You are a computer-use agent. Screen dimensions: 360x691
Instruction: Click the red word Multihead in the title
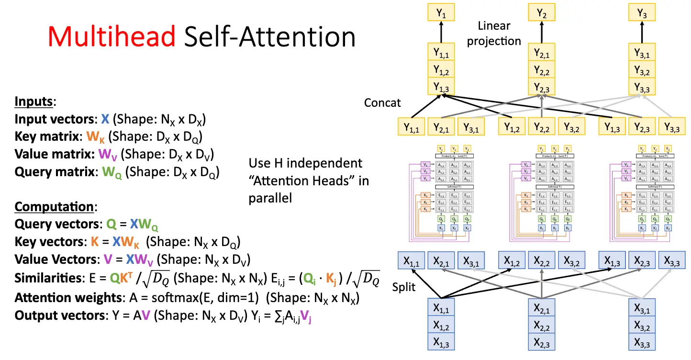(x=113, y=37)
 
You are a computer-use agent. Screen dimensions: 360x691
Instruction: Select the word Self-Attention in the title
(x=271, y=37)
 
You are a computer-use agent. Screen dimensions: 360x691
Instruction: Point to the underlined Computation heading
(x=56, y=207)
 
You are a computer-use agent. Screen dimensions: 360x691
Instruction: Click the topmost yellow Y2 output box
(x=542, y=14)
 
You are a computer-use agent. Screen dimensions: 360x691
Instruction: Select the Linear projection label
(x=494, y=34)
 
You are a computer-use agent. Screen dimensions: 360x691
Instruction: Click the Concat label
(x=382, y=102)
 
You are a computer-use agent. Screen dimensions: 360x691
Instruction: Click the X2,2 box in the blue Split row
(x=542, y=261)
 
